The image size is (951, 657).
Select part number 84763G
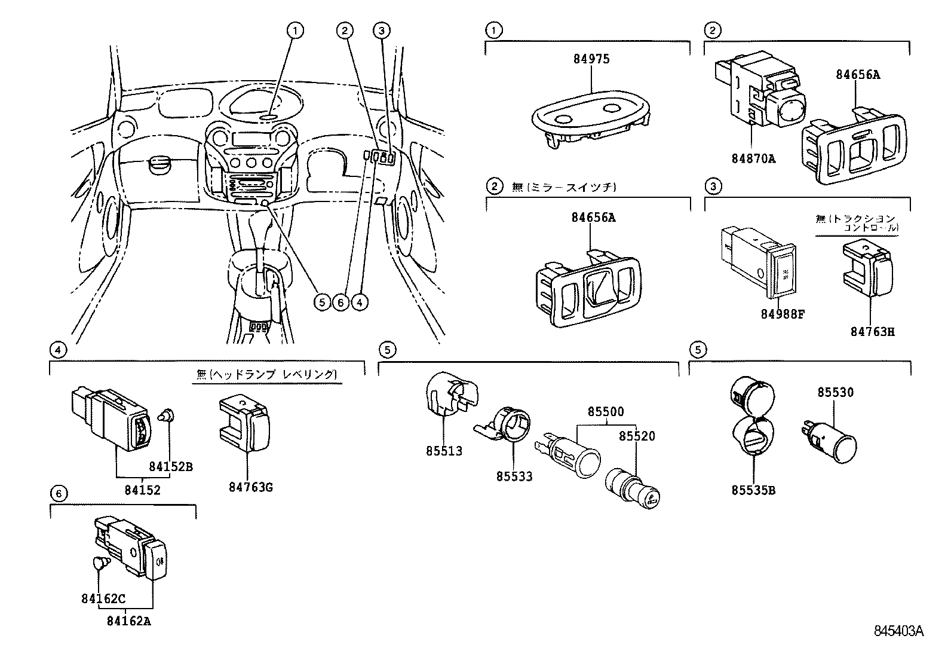coord(250,487)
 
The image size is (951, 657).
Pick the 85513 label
coord(444,451)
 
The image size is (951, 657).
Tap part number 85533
coord(514,476)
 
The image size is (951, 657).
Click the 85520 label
coord(637,436)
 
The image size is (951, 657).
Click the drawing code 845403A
coord(899,631)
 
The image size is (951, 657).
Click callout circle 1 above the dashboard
coord(294,29)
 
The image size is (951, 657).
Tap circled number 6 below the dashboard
coord(340,302)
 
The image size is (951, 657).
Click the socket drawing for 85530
coord(829,438)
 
